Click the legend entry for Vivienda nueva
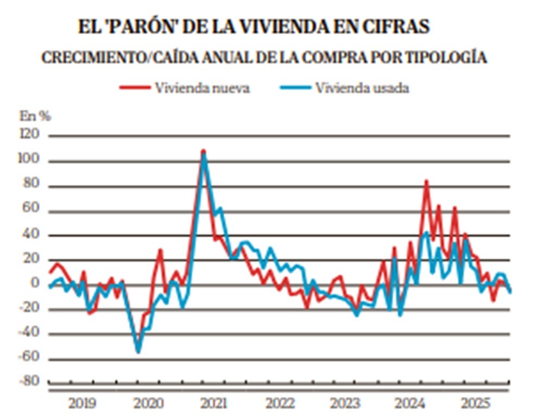point(202,88)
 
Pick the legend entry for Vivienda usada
point(362,88)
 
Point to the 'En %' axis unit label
point(35,116)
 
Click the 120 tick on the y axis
point(31,136)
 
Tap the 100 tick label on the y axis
point(31,161)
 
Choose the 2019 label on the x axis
point(83,403)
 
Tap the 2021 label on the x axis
point(214,403)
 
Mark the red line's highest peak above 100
point(203,150)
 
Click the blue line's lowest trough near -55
point(138,352)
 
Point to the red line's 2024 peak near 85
point(426,181)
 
